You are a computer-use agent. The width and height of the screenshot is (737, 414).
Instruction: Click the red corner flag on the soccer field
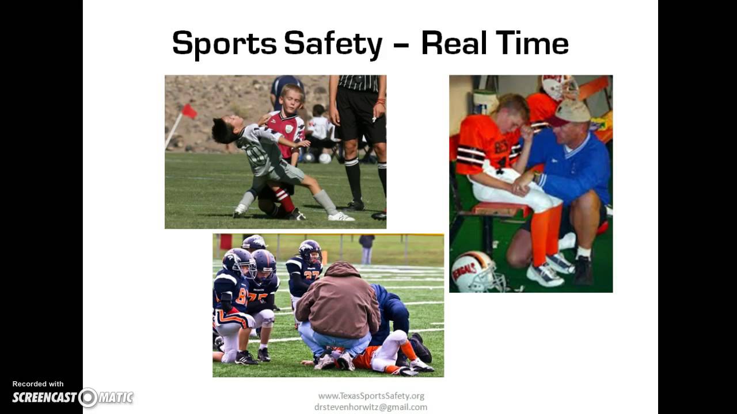coord(189,111)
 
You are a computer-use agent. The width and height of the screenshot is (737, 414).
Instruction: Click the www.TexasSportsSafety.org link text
coord(371,396)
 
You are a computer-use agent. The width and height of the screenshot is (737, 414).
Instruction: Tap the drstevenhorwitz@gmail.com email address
coord(371,407)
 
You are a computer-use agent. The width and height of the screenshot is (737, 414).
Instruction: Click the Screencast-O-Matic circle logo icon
coord(88,397)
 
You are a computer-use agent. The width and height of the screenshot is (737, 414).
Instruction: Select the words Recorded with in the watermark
coord(38,384)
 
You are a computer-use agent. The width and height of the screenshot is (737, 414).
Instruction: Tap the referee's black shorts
coord(360,117)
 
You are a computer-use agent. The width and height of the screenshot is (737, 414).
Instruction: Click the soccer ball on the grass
coord(325,158)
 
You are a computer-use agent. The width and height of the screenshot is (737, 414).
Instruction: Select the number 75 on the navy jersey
coord(259,298)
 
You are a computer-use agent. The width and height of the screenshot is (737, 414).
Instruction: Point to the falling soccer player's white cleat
coord(341,216)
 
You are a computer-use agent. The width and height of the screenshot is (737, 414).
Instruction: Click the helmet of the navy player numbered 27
coord(310,250)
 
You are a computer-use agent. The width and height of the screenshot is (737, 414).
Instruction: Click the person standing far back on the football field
coord(367,248)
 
